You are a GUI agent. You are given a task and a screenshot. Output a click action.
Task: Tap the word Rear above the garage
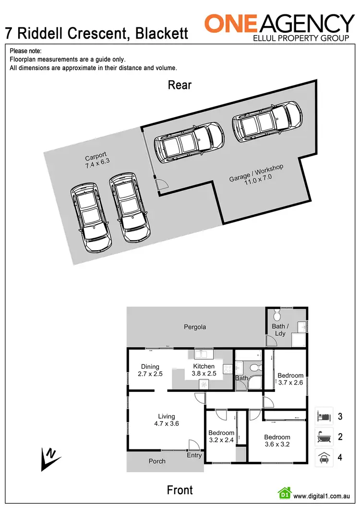[x=180, y=85]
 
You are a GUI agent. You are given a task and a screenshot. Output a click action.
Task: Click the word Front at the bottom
[x=180, y=490]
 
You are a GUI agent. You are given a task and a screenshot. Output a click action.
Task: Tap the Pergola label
[x=195, y=327]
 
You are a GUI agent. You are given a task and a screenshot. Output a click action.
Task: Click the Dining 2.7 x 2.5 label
[x=150, y=370]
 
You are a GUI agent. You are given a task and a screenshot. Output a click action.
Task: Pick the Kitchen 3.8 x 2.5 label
[x=204, y=370]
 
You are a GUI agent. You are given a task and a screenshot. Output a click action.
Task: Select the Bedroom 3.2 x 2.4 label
[x=221, y=436]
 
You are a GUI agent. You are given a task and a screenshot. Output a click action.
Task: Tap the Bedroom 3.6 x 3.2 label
[x=277, y=440]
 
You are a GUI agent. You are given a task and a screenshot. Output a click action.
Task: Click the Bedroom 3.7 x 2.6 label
[x=290, y=379]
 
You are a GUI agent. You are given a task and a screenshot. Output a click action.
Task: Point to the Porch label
[x=157, y=461]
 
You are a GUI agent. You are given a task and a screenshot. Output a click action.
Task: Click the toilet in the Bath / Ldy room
[x=276, y=315]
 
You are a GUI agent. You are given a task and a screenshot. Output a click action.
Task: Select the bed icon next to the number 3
[x=324, y=416]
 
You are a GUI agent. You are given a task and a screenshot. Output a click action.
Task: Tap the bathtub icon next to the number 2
[x=324, y=437]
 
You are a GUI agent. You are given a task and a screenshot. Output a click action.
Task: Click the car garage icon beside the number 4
[x=324, y=457]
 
